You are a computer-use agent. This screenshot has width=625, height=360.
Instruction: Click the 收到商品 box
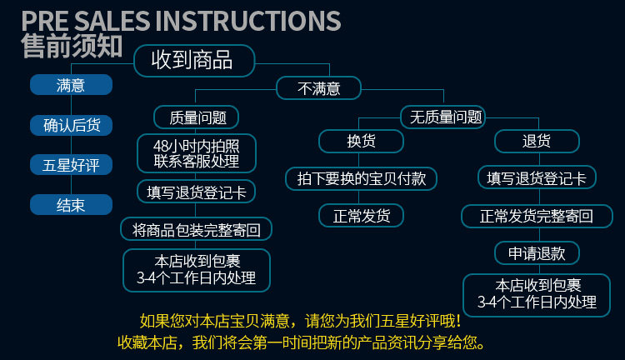point(194,61)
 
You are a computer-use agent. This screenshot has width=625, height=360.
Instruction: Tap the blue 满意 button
point(71,84)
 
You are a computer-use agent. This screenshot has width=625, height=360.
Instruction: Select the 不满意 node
point(318,88)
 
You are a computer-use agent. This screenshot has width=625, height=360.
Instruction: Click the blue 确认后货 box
point(71,125)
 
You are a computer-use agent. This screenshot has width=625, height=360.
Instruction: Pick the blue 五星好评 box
point(71,165)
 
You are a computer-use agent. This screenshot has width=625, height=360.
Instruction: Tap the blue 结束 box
point(71,204)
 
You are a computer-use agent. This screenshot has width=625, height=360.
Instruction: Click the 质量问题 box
point(197,117)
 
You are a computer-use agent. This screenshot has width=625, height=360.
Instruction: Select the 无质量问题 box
point(442,117)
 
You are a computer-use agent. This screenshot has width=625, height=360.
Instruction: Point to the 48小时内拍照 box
point(197,153)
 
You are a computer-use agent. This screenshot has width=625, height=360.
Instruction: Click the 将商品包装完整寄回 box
point(197,229)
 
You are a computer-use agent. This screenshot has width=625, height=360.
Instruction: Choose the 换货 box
point(361,141)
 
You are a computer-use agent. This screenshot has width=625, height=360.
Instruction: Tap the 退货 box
point(537,141)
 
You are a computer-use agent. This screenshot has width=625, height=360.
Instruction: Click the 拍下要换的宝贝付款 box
point(361,178)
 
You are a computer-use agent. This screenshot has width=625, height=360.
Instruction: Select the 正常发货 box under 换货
point(361,216)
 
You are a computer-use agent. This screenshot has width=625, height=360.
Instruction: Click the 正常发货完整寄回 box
point(537,216)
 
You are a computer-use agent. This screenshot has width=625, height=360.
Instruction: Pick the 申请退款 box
point(537,253)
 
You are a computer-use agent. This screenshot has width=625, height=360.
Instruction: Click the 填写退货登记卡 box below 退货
point(537,177)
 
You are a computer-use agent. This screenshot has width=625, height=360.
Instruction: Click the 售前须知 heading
point(72,46)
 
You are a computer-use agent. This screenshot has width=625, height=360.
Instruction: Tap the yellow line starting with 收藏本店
point(302,342)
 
